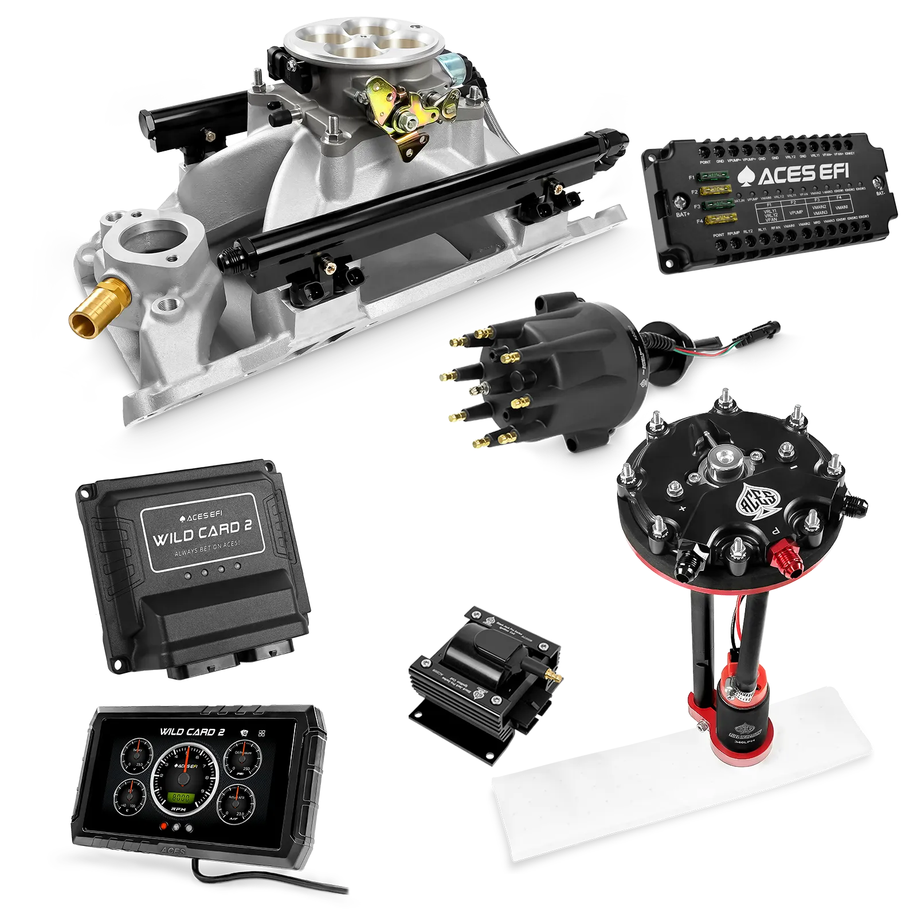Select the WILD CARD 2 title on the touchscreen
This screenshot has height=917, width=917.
point(192,731)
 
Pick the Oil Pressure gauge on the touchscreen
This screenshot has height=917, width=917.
point(239,760)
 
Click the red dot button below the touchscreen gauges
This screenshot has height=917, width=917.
point(164,826)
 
